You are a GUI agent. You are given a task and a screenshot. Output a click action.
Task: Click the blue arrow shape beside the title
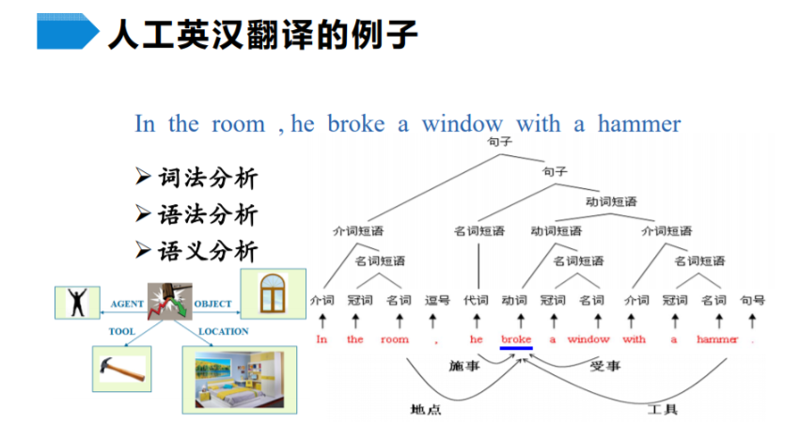68,31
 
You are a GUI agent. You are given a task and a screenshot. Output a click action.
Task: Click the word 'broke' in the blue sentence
356,123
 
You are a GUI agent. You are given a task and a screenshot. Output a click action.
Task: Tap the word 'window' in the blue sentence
463,123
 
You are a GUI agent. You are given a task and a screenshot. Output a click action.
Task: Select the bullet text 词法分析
208,178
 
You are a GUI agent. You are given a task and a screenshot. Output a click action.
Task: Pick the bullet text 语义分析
208,251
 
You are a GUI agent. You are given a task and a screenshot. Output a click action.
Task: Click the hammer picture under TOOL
122,369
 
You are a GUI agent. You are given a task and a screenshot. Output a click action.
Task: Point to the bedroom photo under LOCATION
240,380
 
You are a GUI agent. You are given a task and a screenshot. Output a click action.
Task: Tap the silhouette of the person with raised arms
77,303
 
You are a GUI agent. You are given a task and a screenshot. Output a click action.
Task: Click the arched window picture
273,293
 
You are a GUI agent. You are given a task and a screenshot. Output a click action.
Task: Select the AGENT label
127,304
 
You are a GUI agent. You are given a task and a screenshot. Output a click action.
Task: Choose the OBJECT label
212,304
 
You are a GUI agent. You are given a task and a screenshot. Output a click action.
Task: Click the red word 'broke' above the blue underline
516,339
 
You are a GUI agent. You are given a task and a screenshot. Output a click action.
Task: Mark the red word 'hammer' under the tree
717,339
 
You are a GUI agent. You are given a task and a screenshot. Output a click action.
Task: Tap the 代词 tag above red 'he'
476,300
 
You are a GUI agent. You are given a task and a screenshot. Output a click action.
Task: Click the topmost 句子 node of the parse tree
499,141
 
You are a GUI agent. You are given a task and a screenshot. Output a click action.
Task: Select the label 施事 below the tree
464,366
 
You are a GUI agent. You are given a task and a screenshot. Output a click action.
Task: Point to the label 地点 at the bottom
426,409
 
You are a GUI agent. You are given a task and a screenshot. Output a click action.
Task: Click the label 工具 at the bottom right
662,409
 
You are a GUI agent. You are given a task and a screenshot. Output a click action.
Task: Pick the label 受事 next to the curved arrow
605,366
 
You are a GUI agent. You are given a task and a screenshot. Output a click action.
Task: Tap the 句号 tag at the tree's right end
753,300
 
